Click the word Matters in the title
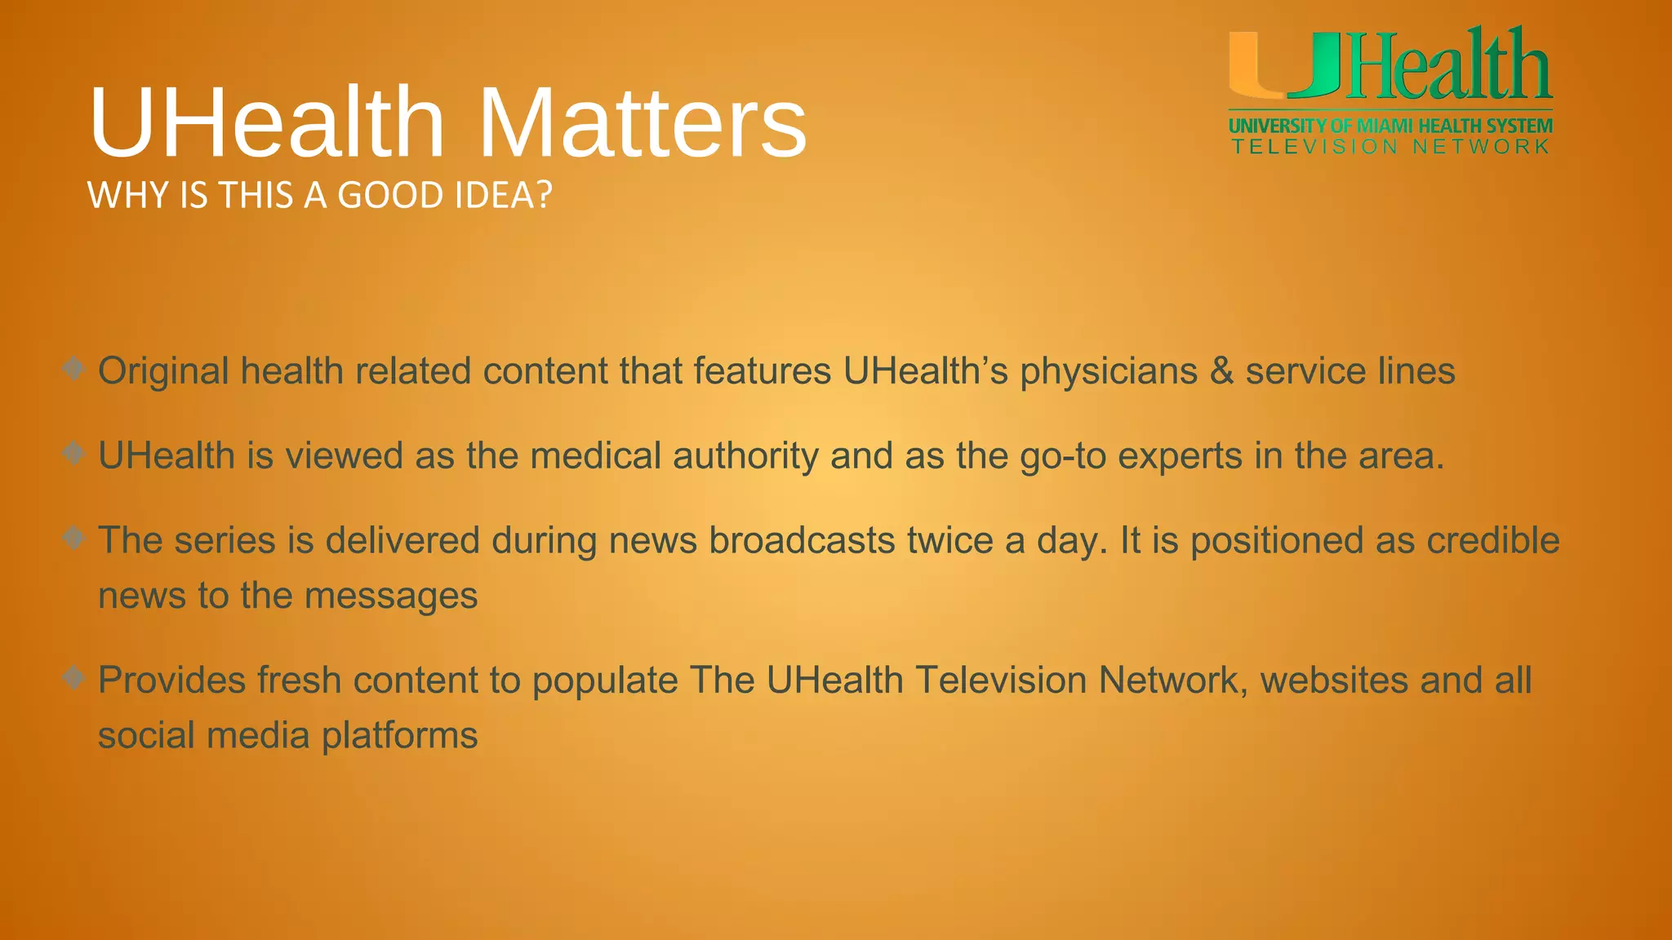click(x=643, y=124)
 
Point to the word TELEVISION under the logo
click(x=1315, y=147)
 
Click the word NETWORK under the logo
click(x=1481, y=147)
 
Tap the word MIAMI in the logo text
click(x=1385, y=126)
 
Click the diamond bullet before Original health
click(x=74, y=368)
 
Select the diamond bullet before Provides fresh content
click(x=74, y=677)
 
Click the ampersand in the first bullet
click(x=1221, y=371)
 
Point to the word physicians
click(x=1108, y=372)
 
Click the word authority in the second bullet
click(x=745, y=456)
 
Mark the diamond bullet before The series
click(x=74, y=538)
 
